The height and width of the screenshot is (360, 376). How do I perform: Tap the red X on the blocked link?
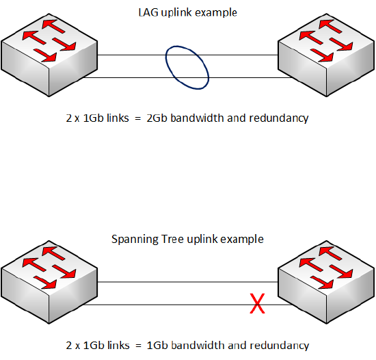coord(257,303)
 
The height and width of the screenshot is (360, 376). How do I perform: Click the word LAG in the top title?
coord(148,12)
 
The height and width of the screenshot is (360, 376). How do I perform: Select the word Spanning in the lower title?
coord(135,240)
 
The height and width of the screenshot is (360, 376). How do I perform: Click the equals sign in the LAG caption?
coord(137,118)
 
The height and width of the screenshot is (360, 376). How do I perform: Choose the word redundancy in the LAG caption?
coord(279,118)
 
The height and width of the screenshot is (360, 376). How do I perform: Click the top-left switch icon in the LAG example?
coord(49,55)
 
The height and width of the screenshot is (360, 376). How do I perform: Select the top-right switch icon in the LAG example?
coord(326,55)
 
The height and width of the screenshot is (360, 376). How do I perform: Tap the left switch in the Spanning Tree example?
coord(49,282)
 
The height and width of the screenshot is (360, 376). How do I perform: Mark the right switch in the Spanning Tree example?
coord(326,282)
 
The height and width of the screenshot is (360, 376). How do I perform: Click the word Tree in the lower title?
coord(173,240)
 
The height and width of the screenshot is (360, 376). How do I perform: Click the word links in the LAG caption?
coord(118,118)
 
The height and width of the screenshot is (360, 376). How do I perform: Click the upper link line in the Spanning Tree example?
coord(188,282)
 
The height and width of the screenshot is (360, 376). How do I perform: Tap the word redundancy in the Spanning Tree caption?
coord(280,346)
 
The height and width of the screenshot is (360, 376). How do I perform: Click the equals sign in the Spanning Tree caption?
coord(138,346)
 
